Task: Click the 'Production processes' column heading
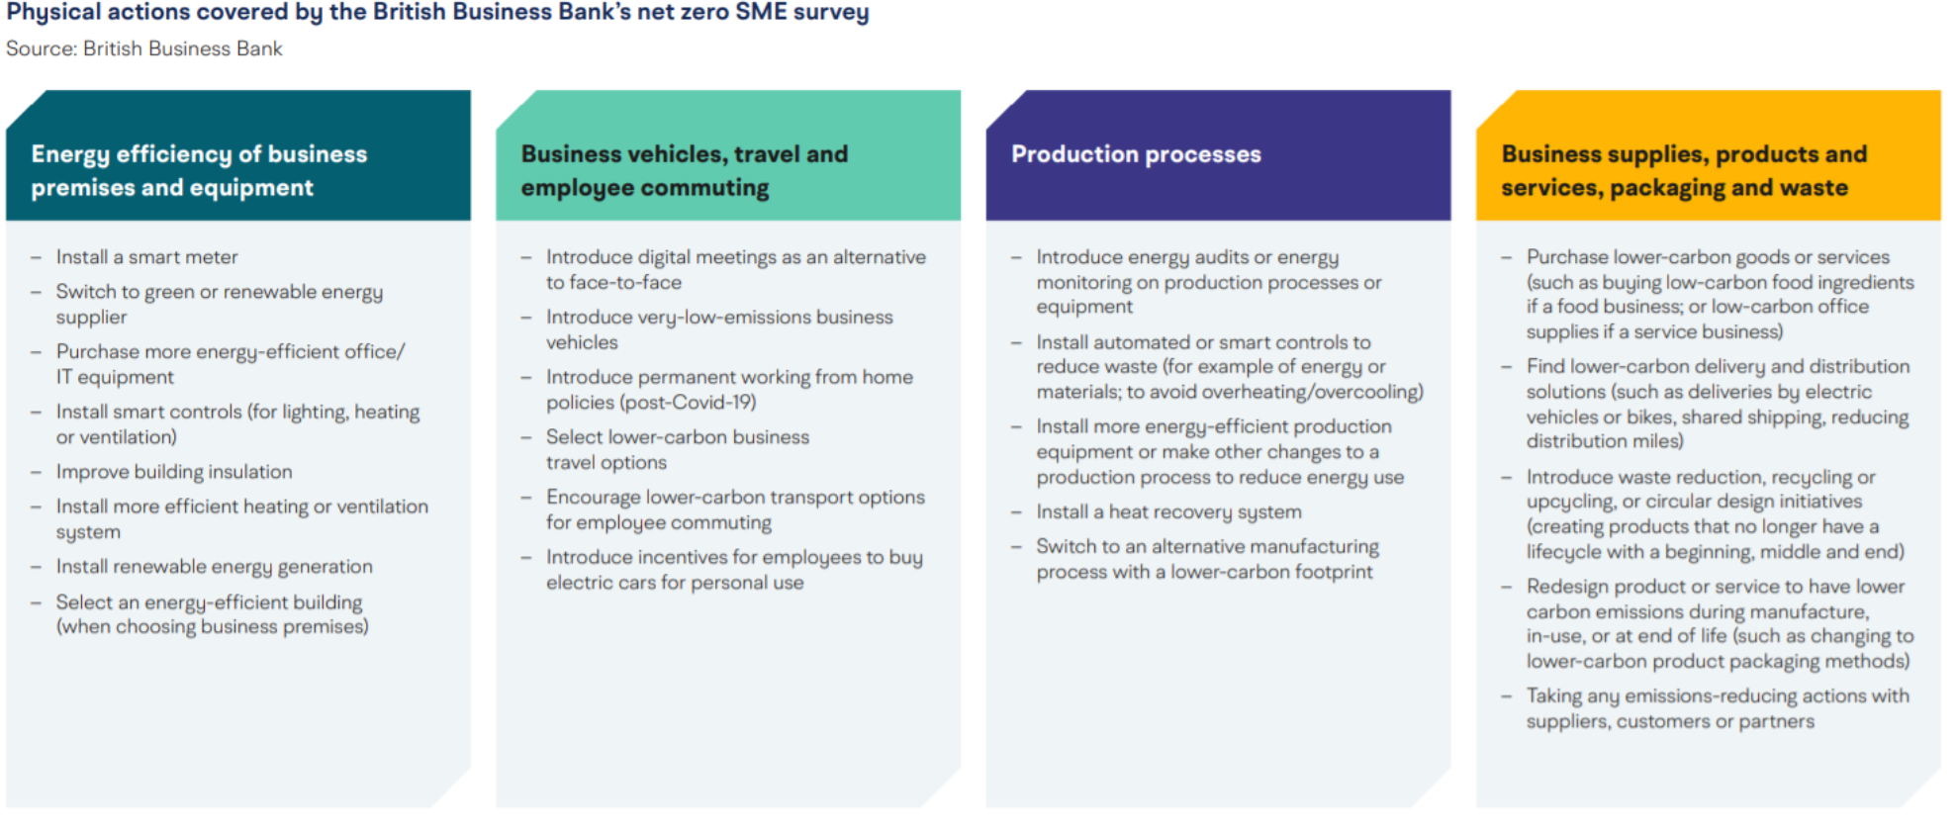click(1136, 154)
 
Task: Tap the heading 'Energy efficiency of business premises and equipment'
click(199, 170)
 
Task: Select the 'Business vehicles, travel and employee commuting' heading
click(684, 170)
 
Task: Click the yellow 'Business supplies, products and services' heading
click(1683, 170)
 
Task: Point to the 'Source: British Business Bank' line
click(144, 48)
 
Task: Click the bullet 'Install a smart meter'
click(146, 257)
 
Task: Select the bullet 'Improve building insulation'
click(174, 472)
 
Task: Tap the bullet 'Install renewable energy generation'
click(214, 567)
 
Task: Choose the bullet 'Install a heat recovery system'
click(1168, 512)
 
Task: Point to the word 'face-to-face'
click(625, 283)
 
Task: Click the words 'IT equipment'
click(115, 377)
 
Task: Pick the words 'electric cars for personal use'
click(675, 583)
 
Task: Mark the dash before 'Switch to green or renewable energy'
click(36, 293)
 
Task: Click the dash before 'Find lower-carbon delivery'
click(1506, 367)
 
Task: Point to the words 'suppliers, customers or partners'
click(1670, 722)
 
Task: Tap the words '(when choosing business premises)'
click(212, 627)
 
